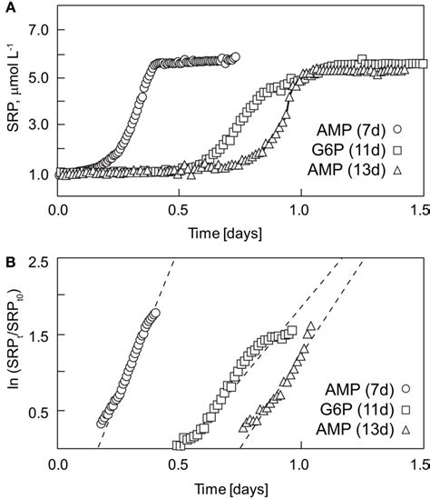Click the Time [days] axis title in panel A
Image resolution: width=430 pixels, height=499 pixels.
[x=238, y=232]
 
